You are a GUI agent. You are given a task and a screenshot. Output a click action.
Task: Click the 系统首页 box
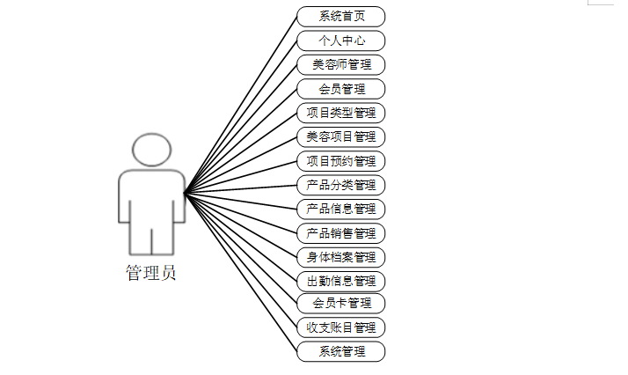(340, 17)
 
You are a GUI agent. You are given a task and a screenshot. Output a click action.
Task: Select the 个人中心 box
(340, 40)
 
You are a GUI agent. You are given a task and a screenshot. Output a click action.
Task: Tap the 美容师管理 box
(340, 64)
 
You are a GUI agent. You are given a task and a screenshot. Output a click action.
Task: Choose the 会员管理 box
(340, 89)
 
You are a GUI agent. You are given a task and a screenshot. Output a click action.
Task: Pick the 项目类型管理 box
(340, 113)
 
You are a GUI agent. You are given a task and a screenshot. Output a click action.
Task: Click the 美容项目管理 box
(340, 136)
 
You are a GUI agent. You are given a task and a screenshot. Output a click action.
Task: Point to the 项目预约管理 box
(340, 161)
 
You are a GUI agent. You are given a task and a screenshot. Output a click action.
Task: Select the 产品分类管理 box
(340, 185)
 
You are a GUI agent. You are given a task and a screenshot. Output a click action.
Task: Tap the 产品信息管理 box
(340, 209)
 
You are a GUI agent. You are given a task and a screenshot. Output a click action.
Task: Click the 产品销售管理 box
(340, 233)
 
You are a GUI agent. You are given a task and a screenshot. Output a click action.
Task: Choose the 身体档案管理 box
(340, 257)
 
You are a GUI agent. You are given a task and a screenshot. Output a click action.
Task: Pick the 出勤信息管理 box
(340, 281)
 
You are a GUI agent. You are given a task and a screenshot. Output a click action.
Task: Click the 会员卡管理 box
(340, 304)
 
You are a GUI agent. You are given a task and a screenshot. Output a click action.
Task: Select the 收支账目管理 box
(340, 327)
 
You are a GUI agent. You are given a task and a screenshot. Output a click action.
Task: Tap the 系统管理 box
(340, 351)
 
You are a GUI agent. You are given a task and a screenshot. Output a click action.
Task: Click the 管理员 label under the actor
(150, 273)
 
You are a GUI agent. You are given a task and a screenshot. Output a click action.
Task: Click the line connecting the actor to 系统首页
(240, 105)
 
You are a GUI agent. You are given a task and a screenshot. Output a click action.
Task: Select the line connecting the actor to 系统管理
(240, 272)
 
